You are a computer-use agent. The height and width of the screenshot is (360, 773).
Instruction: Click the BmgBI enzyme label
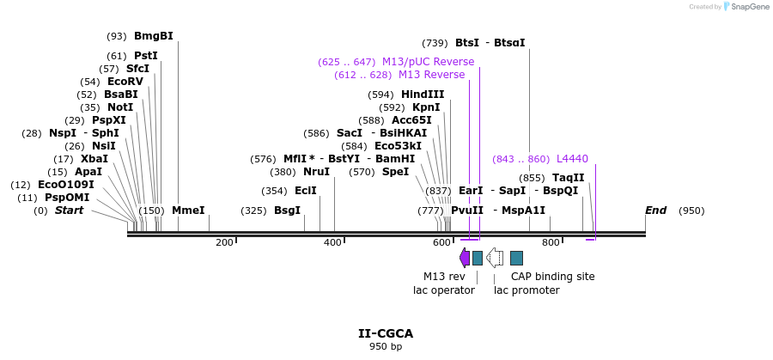153,36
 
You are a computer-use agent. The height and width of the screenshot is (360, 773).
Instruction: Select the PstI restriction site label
145,56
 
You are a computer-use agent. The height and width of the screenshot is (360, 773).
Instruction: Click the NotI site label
120,107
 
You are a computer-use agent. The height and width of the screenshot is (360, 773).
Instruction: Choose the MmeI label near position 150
188,211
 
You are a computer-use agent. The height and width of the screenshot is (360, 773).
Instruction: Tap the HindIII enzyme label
423,95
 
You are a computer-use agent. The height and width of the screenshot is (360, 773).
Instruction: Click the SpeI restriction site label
395,172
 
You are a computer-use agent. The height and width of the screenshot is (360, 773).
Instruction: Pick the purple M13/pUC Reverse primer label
428,62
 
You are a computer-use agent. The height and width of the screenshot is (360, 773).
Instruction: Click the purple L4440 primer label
572,159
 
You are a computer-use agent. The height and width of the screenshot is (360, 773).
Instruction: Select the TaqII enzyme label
568,178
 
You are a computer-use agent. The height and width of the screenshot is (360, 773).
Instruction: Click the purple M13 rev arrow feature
465,257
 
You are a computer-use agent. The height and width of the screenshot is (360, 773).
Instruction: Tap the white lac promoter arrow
495,257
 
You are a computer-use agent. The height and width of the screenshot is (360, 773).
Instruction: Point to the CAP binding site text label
552,277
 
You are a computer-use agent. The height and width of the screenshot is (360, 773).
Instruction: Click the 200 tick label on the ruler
224,242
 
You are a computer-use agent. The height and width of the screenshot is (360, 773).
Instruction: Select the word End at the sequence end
655,211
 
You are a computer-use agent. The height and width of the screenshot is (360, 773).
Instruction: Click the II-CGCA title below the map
386,333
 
